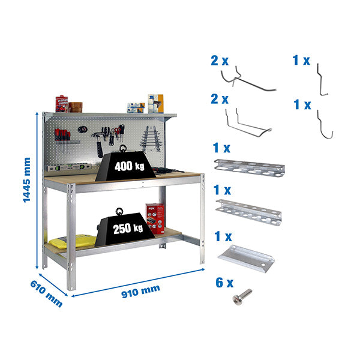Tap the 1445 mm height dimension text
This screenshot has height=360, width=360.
point(27,180)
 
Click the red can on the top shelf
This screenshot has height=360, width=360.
point(61,104)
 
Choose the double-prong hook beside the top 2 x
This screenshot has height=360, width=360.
point(246,80)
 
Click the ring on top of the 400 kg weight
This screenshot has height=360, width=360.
point(123,148)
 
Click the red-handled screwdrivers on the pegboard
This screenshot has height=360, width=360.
point(61,134)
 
